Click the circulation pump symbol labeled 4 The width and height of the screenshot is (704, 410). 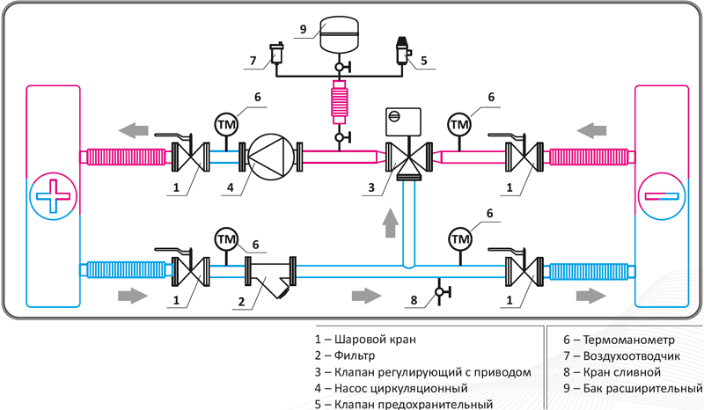pyautogui.click(x=271, y=157)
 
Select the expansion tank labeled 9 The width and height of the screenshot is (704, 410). pyautogui.click(x=339, y=33)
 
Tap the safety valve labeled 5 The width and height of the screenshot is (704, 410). pyautogui.click(x=403, y=51)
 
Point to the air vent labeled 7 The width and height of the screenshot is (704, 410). pyautogui.click(x=275, y=53)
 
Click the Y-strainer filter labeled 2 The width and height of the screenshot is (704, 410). pyautogui.click(x=270, y=277)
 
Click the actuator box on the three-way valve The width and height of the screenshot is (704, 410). pyautogui.click(x=403, y=121)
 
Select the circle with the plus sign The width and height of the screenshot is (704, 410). pyautogui.click(x=53, y=196)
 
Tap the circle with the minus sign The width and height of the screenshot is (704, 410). pyautogui.click(x=662, y=196)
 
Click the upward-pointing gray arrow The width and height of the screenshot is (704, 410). pyautogui.click(x=391, y=223)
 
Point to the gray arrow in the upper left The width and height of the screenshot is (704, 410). pyautogui.click(x=134, y=131)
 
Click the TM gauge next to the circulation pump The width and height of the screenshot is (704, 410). pyautogui.click(x=226, y=124)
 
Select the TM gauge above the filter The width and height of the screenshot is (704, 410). pyautogui.click(x=226, y=239)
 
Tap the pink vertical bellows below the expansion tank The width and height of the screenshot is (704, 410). pyautogui.click(x=340, y=102)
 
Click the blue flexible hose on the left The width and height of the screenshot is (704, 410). pyautogui.click(x=126, y=270)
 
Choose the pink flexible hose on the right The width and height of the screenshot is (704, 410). pyautogui.click(x=589, y=157)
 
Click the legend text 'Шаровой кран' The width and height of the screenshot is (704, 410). pyautogui.click(x=375, y=340)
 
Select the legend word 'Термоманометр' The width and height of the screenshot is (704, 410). pyautogui.click(x=628, y=340)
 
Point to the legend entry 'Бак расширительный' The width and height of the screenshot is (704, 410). pyautogui.click(x=633, y=388)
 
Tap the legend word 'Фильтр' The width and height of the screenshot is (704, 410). pyautogui.click(x=355, y=355)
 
